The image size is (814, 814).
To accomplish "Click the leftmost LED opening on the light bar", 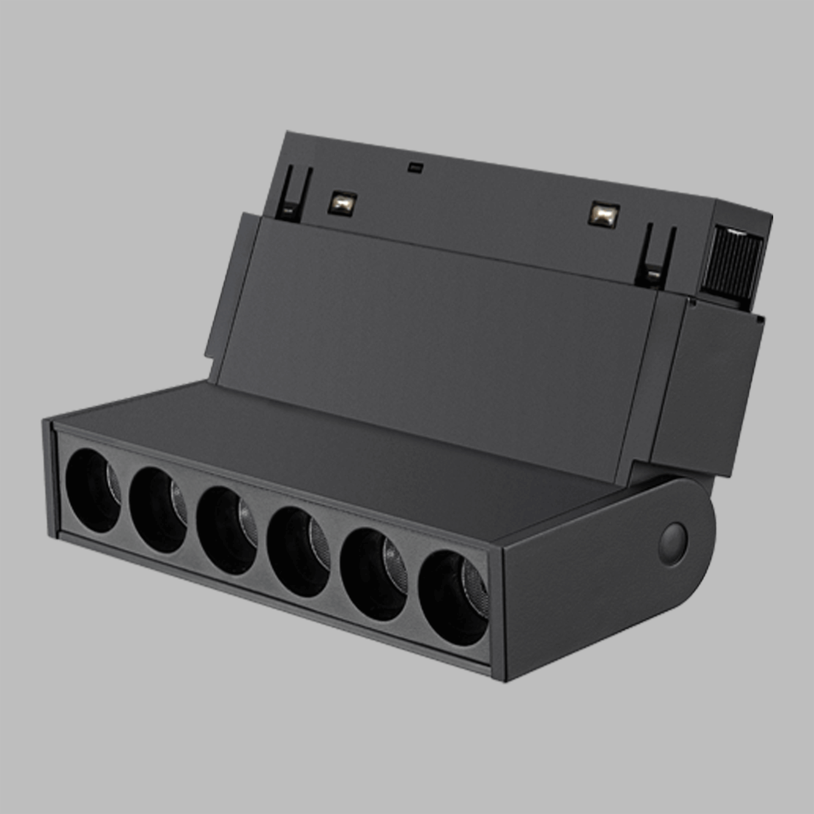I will pyautogui.click(x=92, y=491).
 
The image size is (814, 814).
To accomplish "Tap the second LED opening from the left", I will pyautogui.click(x=158, y=510).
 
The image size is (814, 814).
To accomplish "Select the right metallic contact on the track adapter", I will pyautogui.click(x=604, y=215).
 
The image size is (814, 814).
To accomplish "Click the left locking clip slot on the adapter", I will pyautogui.click(x=293, y=195).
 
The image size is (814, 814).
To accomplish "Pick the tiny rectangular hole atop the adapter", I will pyautogui.click(x=415, y=167).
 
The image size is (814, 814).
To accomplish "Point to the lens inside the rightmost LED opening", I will pyautogui.click(x=475, y=583).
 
